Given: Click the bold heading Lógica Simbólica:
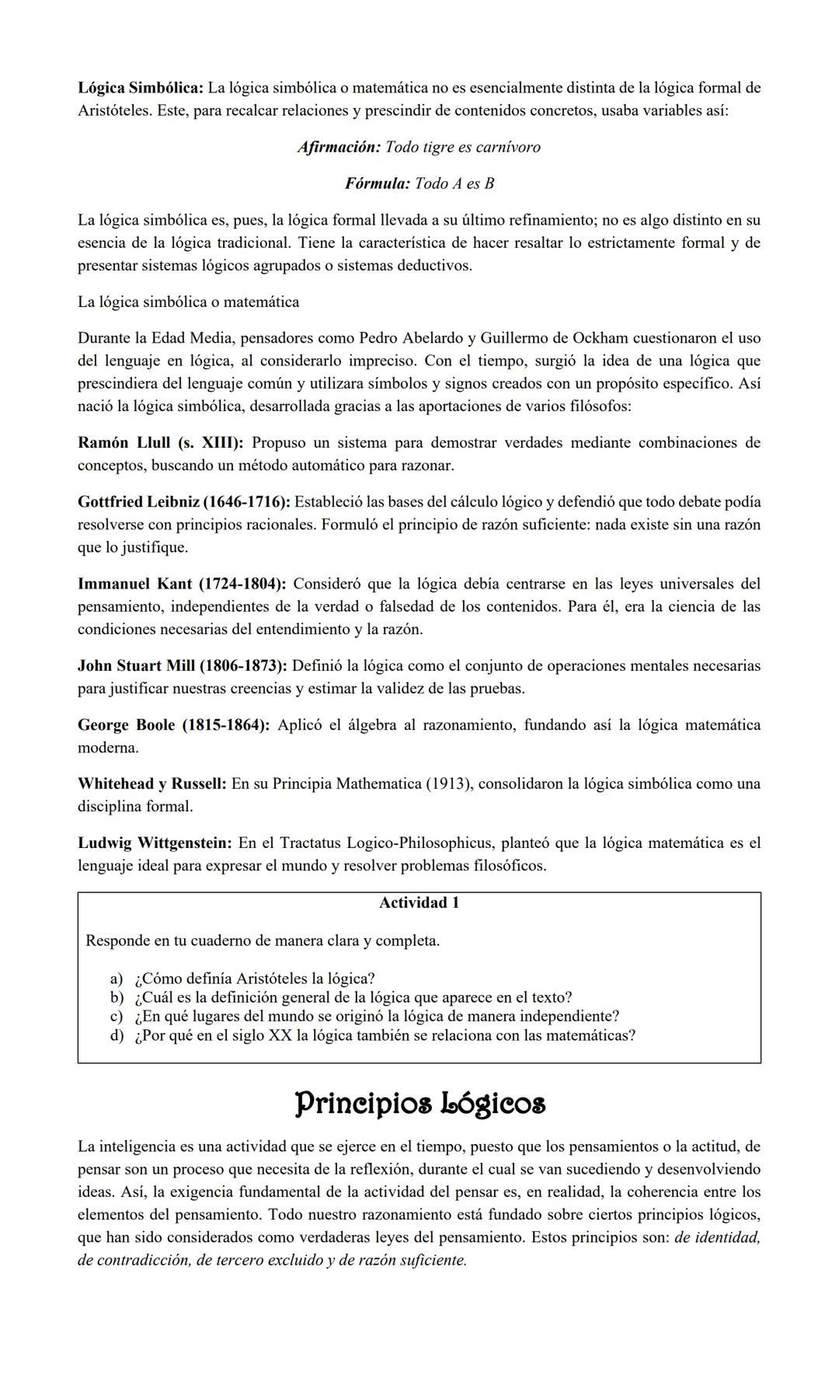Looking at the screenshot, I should (141, 88).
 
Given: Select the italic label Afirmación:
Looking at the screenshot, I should (339, 147).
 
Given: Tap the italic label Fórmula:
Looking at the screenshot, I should (377, 183).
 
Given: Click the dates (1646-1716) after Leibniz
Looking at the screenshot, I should (246, 502).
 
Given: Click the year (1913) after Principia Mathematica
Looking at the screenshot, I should (448, 783).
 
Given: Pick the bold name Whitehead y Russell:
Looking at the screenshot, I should (151, 783).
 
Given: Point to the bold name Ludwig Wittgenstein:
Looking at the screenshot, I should (155, 843).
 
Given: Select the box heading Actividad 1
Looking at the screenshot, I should (419, 903).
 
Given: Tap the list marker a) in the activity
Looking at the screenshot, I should (117, 979).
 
